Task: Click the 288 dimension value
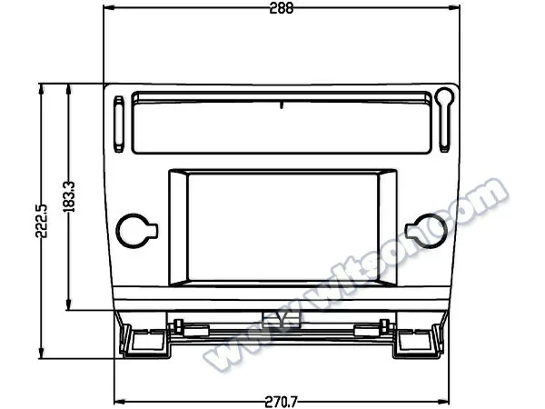282,8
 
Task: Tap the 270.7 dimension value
281,403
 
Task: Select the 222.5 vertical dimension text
42,221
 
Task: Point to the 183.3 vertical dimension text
69,196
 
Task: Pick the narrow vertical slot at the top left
119,125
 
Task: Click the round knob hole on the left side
136,231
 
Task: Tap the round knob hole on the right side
427,231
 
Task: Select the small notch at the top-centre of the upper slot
282,105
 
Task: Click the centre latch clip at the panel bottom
282,319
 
